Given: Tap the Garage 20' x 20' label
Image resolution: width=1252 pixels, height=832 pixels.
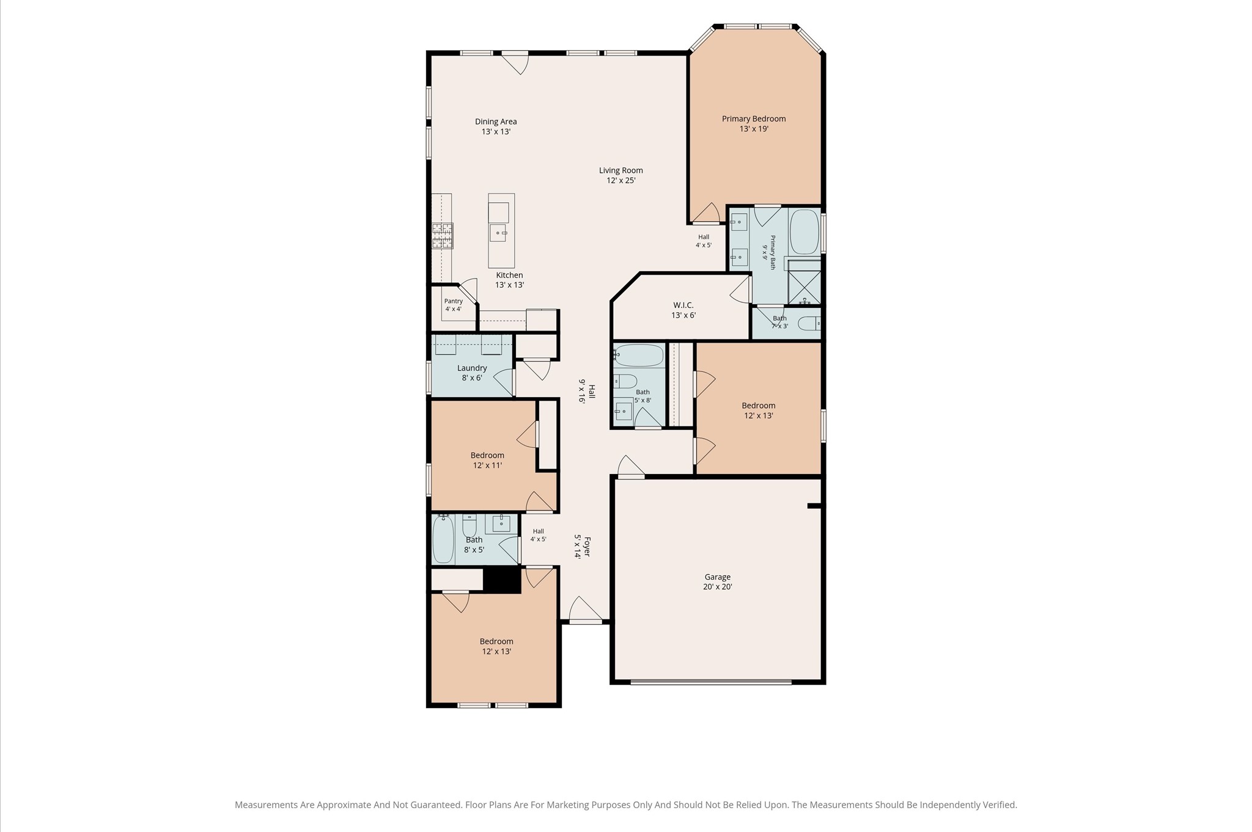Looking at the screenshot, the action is [718, 582].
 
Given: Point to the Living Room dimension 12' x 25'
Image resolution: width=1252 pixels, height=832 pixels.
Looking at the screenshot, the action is [621, 181].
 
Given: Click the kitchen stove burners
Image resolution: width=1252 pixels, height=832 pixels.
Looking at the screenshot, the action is [443, 236].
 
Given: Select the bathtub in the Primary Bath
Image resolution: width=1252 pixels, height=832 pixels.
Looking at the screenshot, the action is [805, 233].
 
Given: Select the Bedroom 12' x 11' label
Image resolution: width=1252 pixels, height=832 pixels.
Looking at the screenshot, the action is [487, 460].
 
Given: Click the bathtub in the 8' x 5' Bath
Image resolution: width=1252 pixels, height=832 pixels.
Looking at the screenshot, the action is [443, 541].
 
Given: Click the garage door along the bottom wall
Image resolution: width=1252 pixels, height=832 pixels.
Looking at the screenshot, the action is [711, 682].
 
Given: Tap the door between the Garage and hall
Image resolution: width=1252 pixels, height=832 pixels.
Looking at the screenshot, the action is [631, 467].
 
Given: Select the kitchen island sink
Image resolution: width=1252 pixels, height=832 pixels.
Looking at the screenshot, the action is [498, 232].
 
